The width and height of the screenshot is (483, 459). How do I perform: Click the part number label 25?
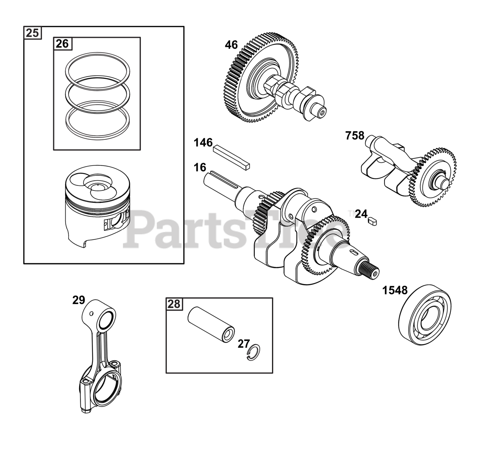(32, 33)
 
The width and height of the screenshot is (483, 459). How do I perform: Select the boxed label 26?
(62, 44)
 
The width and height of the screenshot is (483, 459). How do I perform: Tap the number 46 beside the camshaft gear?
(231, 45)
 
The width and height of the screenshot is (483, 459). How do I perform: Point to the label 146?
(203, 143)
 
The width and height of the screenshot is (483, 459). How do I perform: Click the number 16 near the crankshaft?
(200, 167)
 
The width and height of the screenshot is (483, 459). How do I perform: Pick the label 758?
(355, 136)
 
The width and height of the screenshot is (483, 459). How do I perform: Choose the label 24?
(361, 214)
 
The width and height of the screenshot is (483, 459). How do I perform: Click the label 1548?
(395, 290)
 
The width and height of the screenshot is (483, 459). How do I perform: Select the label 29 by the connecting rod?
(78, 300)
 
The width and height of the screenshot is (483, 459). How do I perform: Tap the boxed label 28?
(174, 304)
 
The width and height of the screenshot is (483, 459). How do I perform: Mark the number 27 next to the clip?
(244, 344)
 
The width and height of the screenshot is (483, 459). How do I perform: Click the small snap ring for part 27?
(254, 352)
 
